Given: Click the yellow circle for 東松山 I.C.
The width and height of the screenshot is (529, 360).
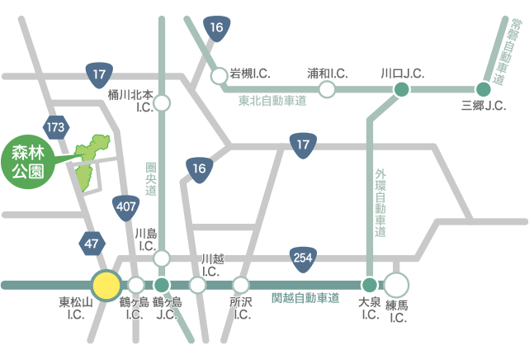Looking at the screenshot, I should (x=106, y=285).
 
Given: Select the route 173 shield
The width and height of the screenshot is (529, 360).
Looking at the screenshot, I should (x=57, y=127).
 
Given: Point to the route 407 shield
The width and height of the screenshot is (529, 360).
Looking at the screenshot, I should (x=126, y=204).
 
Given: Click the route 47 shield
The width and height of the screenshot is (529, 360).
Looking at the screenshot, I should (x=91, y=243).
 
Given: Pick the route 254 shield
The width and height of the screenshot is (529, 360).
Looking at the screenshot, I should (x=302, y=258).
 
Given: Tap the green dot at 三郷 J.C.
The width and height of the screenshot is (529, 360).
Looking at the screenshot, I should (x=484, y=89).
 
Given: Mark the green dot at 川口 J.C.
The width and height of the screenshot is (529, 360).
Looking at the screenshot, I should (x=401, y=89).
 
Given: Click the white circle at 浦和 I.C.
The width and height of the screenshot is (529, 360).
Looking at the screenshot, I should (x=328, y=89).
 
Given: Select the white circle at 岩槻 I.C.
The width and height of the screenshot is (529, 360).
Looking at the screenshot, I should (x=219, y=76).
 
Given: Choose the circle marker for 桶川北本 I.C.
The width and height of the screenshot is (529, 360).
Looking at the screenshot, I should (x=163, y=104).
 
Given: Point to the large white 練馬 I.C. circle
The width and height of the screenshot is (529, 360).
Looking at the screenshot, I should (x=397, y=286).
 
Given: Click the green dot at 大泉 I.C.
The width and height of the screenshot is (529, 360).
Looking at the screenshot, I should (x=369, y=285).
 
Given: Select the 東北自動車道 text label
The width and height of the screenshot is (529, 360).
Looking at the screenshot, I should (x=272, y=102).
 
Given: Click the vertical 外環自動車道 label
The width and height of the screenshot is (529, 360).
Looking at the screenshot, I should (x=380, y=203).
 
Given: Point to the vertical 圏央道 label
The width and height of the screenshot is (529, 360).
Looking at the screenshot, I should (x=150, y=178).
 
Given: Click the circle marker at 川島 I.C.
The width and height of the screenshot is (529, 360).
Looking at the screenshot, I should (x=163, y=258).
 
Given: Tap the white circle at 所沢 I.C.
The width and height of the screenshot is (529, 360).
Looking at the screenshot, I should (x=241, y=285).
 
